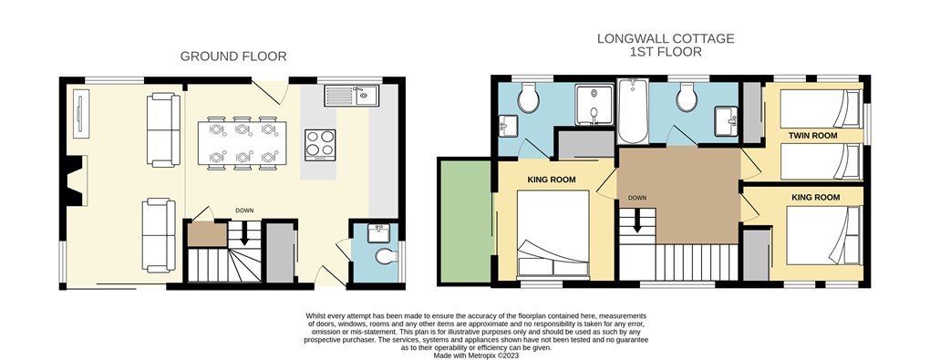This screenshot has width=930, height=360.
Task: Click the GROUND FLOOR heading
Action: [233, 57]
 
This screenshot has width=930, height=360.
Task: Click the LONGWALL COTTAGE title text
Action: [666, 38]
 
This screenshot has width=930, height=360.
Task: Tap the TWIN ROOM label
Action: [812, 136]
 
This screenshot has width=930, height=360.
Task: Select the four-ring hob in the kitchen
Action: [320, 145]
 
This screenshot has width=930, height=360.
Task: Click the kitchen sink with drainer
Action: [352, 96]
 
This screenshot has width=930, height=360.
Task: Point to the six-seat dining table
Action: [242, 143]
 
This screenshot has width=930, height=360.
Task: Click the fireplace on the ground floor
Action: [74, 180]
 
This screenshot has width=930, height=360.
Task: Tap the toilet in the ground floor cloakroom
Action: [386, 257]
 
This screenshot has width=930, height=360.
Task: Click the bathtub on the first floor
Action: [633, 111]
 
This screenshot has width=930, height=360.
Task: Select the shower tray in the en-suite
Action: [594, 106]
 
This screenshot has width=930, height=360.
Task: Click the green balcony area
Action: [464, 221]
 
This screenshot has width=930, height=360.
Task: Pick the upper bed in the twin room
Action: [821, 108]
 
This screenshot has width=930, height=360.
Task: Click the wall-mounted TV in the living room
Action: [79, 113]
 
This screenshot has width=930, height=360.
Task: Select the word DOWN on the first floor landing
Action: [637, 198]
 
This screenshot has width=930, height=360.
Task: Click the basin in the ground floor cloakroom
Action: [378, 232]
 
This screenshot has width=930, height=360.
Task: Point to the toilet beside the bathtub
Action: [687, 97]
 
